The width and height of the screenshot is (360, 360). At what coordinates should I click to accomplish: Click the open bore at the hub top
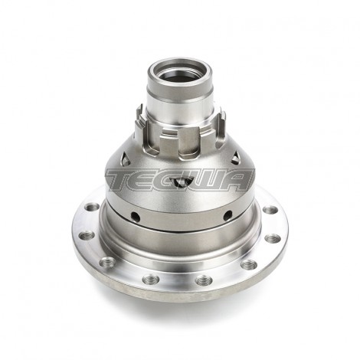181,77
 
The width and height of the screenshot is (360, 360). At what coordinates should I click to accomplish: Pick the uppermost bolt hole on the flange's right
270,209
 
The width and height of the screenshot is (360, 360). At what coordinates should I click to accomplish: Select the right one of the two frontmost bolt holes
205,281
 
